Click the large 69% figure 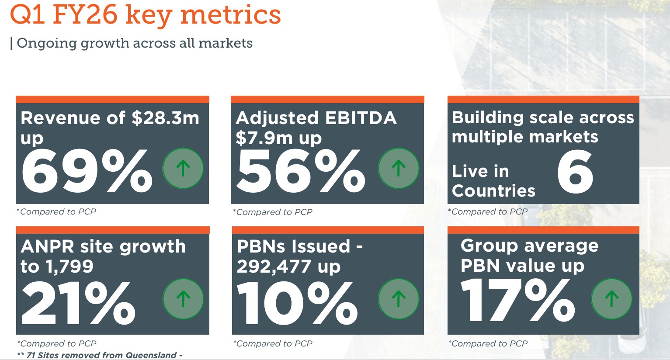pos(87,171)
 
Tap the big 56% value pos(301,171)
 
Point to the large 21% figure pos(78,302)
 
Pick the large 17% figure pos(518,300)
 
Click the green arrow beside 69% pos(183,168)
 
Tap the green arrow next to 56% pos(398,168)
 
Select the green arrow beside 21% pos(183,299)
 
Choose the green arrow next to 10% pos(398,299)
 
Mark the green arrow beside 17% pos(611,299)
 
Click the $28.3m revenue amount pos(165,118)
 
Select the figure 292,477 pos(274,267)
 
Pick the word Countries pos(493,191)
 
